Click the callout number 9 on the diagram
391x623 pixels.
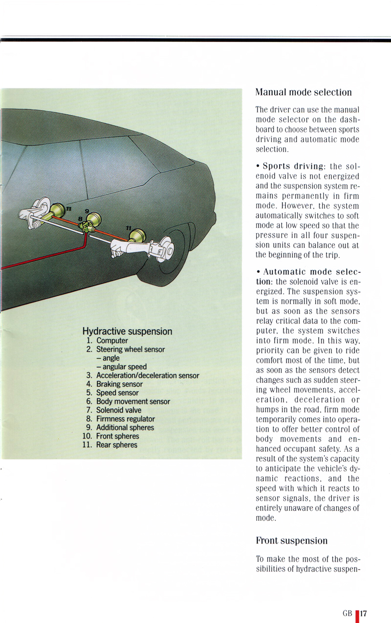click(x=87, y=212)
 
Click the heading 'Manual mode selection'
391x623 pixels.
click(x=304, y=92)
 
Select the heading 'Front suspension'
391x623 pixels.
click(x=292, y=540)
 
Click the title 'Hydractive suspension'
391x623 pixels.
click(x=127, y=331)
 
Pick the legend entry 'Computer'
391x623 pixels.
click(x=112, y=340)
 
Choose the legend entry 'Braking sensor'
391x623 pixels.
click(x=119, y=384)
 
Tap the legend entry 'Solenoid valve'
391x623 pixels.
click(x=119, y=410)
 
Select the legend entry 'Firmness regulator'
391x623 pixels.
click(x=125, y=419)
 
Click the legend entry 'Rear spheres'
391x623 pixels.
click(x=116, y=445)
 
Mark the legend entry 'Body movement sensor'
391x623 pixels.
click(x=133, y=401)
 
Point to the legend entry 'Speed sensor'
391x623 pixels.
click(x=117, y=393)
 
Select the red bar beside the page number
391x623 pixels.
click(x=357, y=614)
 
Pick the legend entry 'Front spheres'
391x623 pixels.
click(x=117, y=436)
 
